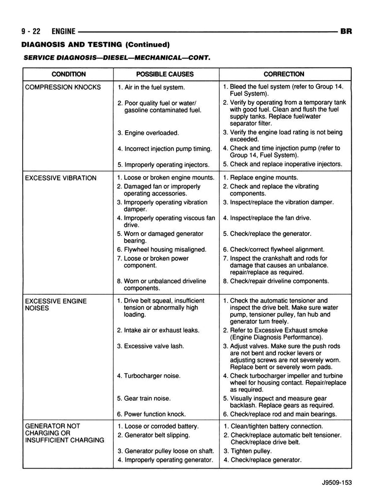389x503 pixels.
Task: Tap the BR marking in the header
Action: (346, 31)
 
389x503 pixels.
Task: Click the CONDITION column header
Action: (68, 74)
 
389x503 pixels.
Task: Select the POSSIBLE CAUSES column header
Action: (165, 74)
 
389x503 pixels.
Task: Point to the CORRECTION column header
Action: (284, 74)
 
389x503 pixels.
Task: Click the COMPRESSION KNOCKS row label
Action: (62, 87)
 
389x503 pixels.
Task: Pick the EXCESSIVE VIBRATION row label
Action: (60, 178)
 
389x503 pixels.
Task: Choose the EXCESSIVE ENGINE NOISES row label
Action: (56, 304)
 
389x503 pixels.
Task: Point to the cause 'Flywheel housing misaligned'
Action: (165, 250)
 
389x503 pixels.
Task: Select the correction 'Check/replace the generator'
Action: (270, 234)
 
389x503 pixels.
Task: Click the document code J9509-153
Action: (334, 483)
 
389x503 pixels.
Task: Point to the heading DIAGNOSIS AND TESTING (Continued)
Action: (95, 45)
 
